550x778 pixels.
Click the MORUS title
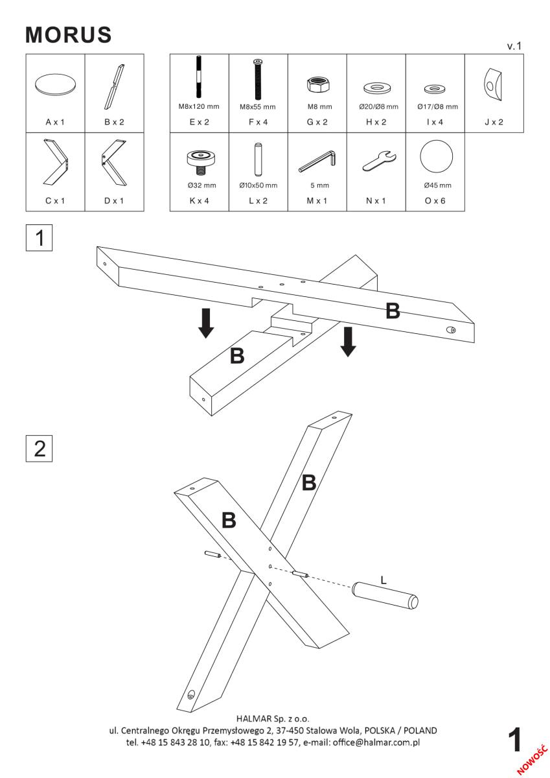coord(69,37)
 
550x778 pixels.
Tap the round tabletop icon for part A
coord(55,85)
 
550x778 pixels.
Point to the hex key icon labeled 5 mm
coord(317,161)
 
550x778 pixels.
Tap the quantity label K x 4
coord(199,200)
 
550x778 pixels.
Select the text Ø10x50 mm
coord(258,185)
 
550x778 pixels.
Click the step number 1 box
coord(39,238)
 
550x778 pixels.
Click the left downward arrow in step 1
coord(206,323)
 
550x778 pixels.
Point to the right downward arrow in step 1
coord(349,341)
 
